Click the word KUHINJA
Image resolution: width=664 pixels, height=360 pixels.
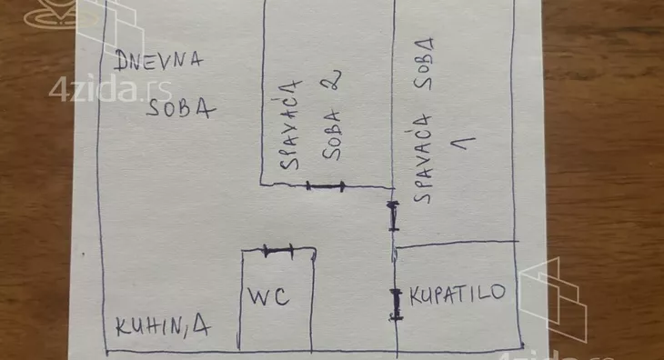[161, 327]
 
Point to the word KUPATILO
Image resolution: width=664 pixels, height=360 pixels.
[457, 295]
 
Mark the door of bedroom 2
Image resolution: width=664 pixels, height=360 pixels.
[326, 186]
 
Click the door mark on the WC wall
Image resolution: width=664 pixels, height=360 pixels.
[276, 248]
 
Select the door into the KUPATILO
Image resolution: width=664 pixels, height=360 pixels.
[397, 304]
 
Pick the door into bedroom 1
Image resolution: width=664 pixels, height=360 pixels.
[393, 216]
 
